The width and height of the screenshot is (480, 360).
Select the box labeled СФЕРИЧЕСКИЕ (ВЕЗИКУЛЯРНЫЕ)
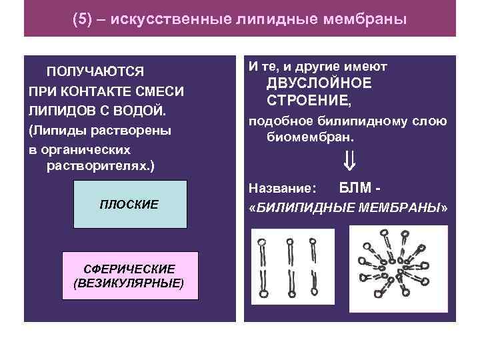pyautogui.click(x=129, y=275)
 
